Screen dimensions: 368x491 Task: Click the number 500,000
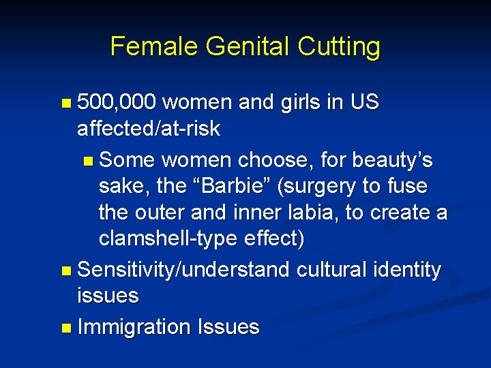[x=117, y=103]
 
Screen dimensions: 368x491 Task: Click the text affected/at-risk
[x=149, y=129]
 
